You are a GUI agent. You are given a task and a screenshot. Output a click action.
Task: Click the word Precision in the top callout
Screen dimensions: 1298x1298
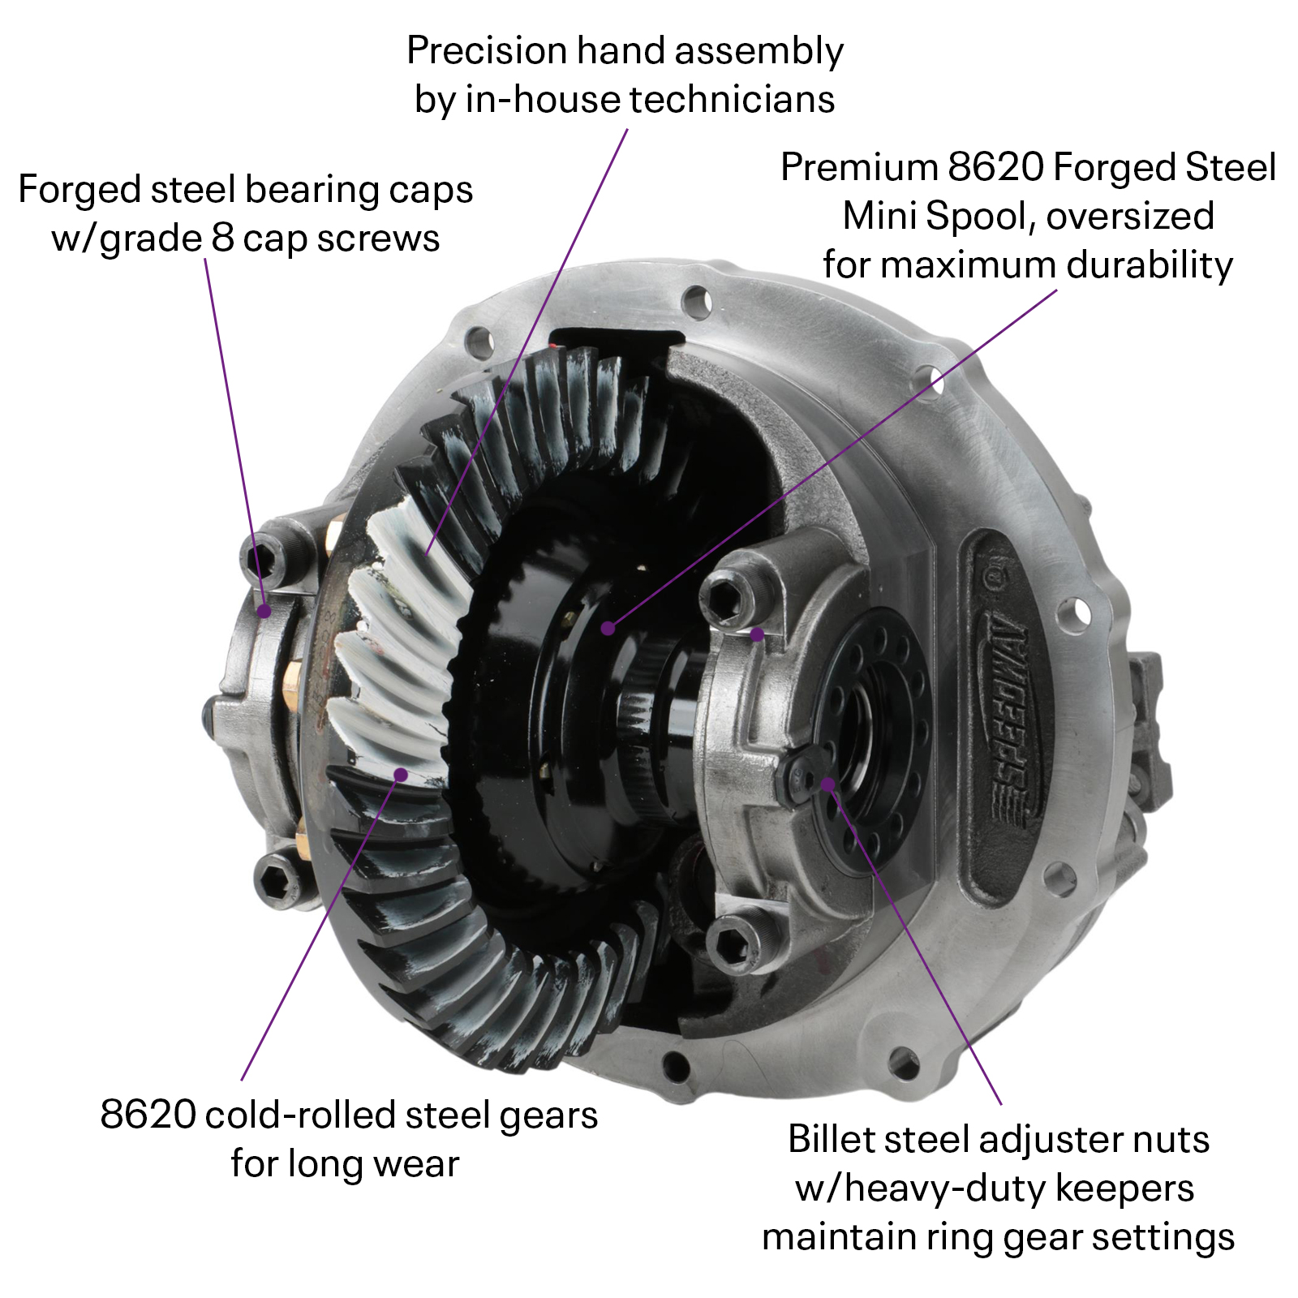(x=487, y=51)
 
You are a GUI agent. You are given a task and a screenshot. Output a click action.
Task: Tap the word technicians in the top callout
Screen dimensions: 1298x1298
(x=732, y=100)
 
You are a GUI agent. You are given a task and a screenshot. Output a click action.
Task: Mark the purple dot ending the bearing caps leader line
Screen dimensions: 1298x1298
(x=264, y=611)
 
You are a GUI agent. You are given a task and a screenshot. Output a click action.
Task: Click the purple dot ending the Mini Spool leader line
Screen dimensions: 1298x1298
(x=608, y=628)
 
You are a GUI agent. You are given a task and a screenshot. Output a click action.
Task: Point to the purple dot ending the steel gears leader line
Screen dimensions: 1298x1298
(x=400, y=774)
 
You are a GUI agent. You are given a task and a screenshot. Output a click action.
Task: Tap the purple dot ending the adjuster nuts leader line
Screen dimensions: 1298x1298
(x=827, y=784)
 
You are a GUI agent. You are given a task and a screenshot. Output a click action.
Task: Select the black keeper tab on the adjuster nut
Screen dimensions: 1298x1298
(x=799, y=775)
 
